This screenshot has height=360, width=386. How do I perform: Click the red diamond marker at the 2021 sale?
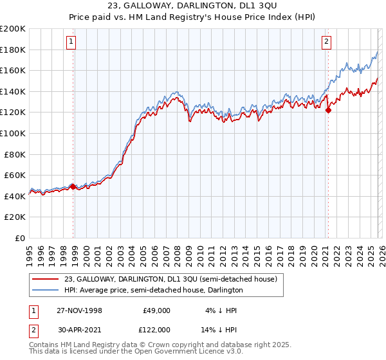point(328,111)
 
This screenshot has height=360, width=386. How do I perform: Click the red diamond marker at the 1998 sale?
point(73,186)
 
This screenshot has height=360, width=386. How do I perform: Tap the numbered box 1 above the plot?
point(70,42)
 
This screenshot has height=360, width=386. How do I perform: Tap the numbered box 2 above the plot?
point(327,42)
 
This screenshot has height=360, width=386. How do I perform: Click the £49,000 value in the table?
point(156,310)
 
